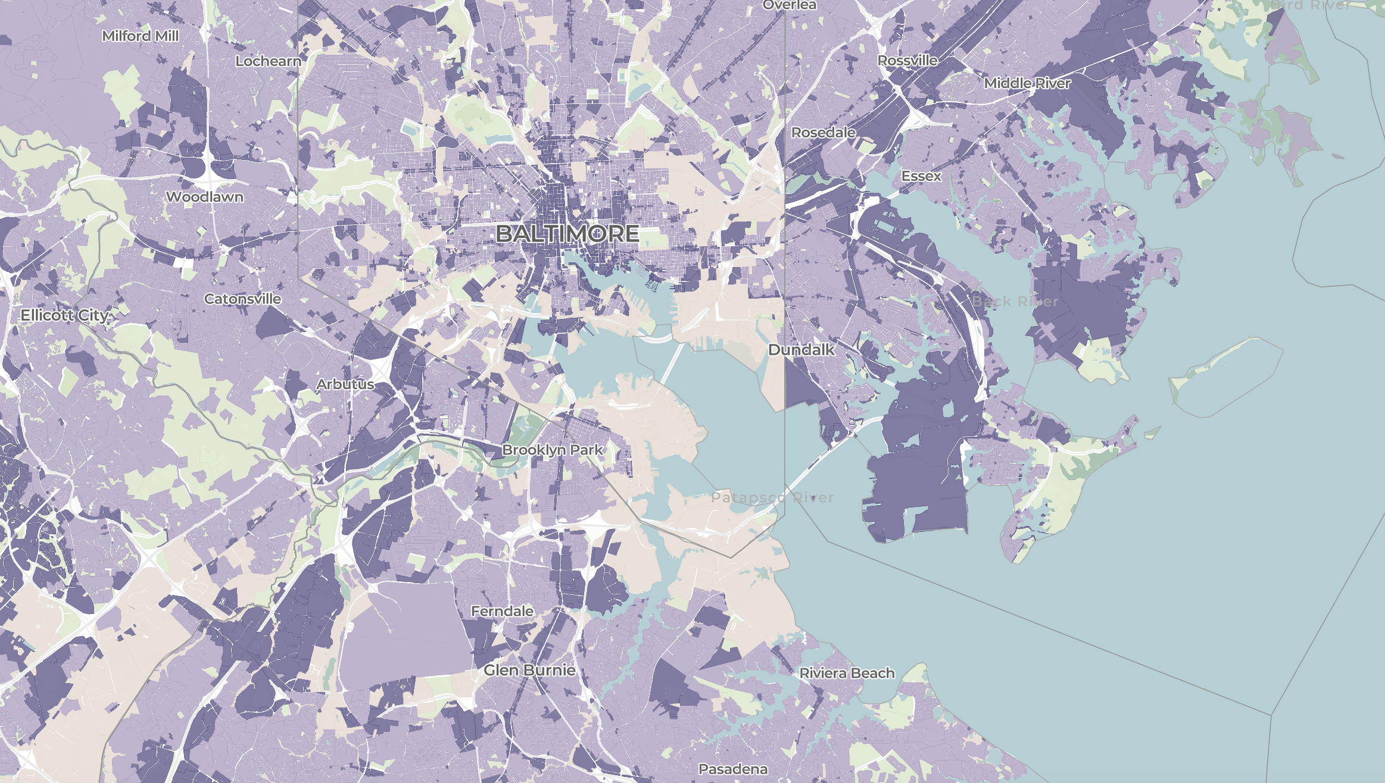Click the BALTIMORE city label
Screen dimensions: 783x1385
[567, 233]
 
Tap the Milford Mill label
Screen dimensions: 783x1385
[141, 36]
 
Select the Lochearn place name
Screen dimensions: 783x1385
[269, 61]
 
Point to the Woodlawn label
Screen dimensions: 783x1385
[205, 196]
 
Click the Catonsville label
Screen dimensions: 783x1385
[242, 299]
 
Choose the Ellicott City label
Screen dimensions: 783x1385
[64, 315]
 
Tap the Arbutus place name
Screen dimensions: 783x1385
[345, 384]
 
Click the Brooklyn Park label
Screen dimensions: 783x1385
[553, 450]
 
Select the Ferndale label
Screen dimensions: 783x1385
[502, 611]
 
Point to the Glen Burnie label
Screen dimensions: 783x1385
[529, 670]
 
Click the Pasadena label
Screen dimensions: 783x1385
[733, 769]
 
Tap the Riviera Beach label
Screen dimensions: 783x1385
[847, 673]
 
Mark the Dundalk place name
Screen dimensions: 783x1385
[801, 349]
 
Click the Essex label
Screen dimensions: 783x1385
[921, 176]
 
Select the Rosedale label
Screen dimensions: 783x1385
[823, 132]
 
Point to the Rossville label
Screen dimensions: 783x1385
[907, 60]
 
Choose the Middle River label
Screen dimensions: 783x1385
[1027, 83]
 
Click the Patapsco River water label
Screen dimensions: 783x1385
[772, 497]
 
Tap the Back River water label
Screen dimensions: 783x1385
[1015, 301]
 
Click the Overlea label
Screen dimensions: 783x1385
[790, 5]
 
